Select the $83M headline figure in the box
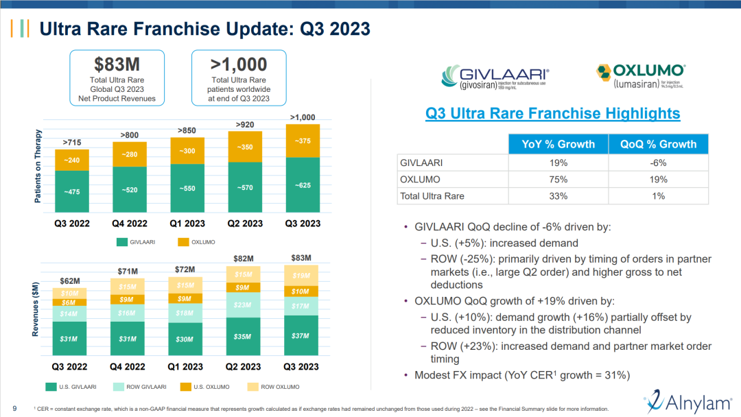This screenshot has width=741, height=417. click(x=117, y=64)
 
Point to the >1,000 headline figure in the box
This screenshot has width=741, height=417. click(x=239, y=64)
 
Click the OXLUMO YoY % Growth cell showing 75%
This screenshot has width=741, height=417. click(x=558, y=180)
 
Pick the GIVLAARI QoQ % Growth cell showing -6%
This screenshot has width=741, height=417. click(x=658, y=163)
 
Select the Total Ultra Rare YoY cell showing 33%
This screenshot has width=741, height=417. click(x=558, y=196)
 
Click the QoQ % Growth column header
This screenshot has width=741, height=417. click(x=658, y=144)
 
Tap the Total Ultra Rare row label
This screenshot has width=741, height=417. click(x=432, y=196)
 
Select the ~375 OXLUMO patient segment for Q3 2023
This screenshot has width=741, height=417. click(x=302, y=141)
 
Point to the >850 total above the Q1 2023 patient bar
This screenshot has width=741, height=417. click(x=186, y=130)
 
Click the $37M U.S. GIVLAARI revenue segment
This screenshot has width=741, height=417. click(x=302, y=336)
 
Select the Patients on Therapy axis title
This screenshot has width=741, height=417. click(x=38, y=167)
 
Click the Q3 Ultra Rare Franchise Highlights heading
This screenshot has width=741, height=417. click(x=552, y=114)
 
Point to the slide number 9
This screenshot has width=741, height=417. click(x=15, y=409)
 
